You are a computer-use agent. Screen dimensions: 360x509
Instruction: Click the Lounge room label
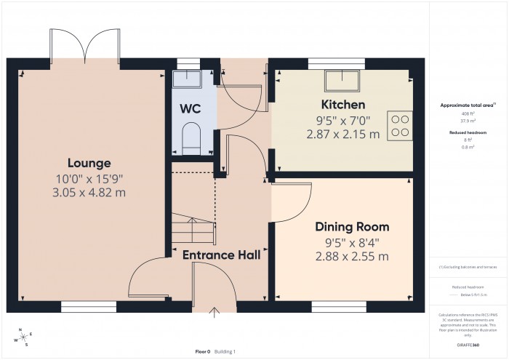(x=90, y=163)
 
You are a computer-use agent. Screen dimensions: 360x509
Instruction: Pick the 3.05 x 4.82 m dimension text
(x=90, y=193)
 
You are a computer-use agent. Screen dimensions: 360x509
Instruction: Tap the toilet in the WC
(x=191, y=137)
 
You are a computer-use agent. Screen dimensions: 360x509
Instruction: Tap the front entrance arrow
(x=215, y=313)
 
